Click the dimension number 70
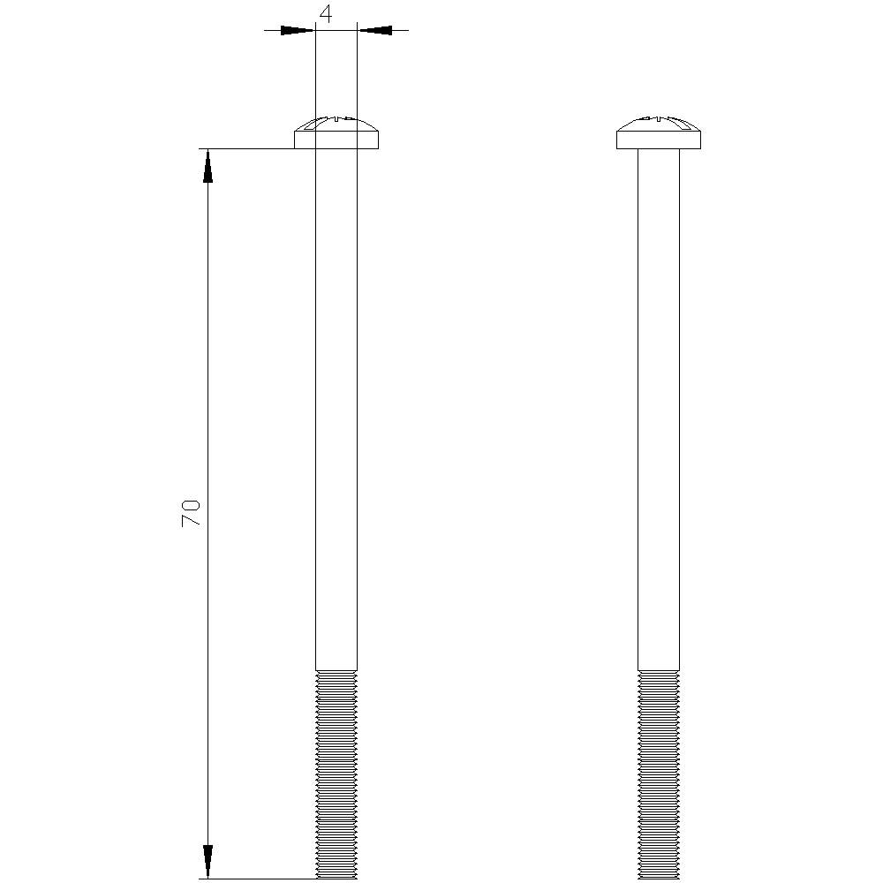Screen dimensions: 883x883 (x=192, y=513)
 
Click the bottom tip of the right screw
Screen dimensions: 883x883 (x=659, y=877)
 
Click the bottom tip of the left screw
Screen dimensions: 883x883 (x=336, y=877)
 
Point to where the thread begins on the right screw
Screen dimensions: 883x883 (x=659, y=671)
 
